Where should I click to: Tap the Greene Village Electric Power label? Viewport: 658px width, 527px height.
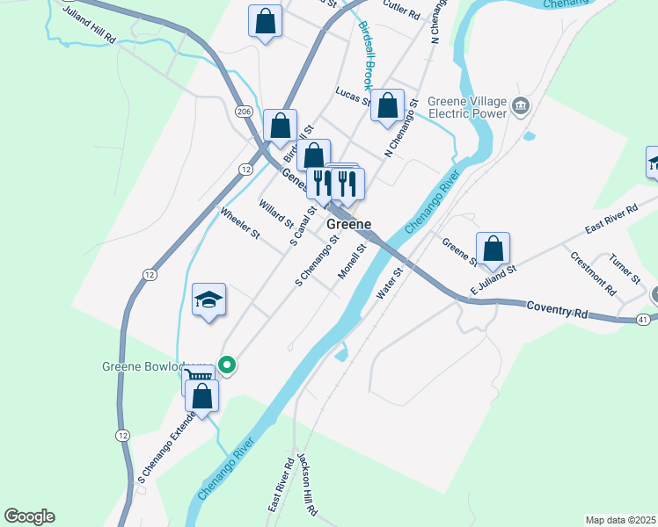tap(468, 107)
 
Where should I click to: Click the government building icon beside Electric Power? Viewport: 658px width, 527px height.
tap(521, 106)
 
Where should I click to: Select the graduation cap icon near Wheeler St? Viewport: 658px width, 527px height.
tap(209, 300)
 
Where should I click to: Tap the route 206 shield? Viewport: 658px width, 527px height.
tap(245, 111)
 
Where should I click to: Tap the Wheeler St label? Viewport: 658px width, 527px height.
tap(240, 223)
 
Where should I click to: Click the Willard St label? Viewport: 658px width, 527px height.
tap(275, 215)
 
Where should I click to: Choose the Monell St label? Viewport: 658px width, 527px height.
tap(353, 262)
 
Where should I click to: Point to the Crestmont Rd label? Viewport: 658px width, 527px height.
tap(592, 272)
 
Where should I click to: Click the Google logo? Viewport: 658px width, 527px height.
tap(29, 516)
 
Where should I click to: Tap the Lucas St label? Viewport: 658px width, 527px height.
tap(353, 96)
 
